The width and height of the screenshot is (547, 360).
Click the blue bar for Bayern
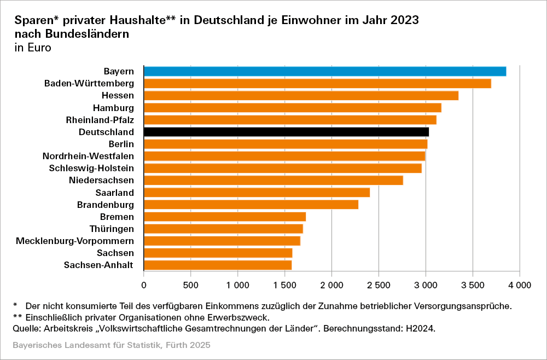324,71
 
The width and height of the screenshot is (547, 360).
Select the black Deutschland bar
286,132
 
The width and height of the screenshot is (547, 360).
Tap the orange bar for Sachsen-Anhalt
217,265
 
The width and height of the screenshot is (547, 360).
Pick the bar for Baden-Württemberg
317,83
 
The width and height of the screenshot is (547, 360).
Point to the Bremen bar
224,217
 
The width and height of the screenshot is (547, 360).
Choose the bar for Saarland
257,193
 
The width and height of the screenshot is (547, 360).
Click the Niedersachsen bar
273,181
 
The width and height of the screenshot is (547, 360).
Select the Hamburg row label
113,108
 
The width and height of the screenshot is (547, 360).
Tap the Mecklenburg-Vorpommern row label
75,241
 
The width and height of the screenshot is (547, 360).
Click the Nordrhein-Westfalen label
88,156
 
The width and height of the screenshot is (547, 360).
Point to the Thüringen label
112,229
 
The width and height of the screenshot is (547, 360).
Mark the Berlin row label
121,144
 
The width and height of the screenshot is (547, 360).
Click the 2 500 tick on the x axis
379,285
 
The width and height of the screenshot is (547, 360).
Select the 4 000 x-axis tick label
519,285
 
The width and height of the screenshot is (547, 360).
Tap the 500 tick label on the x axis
190,285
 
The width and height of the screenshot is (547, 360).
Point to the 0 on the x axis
144,285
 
